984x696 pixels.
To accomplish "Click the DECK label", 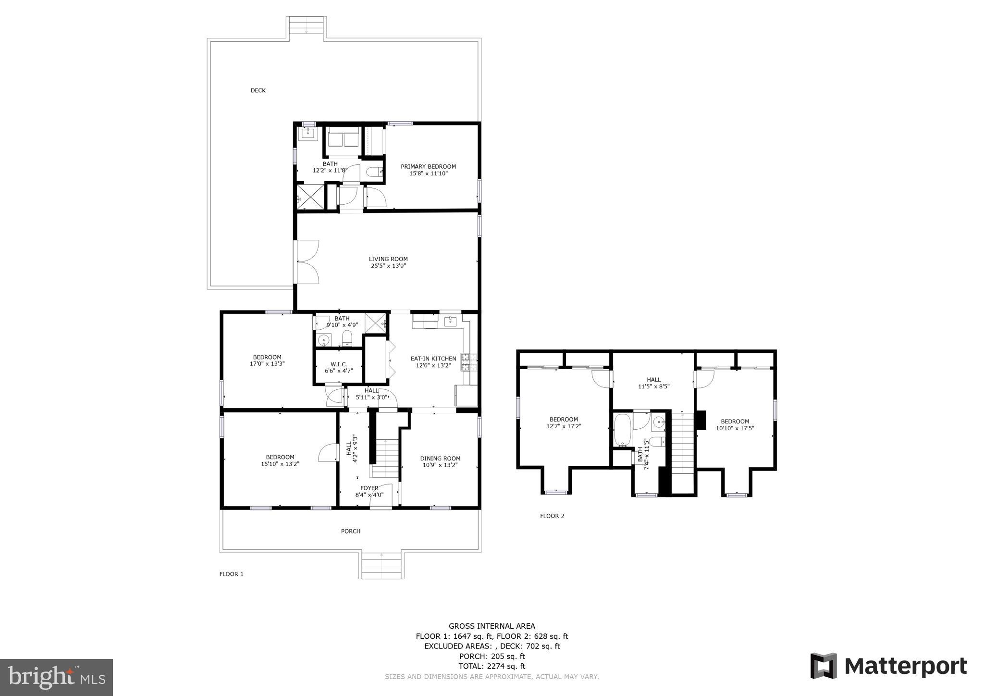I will point(258,90).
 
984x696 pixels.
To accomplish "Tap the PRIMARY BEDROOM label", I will point(428,166).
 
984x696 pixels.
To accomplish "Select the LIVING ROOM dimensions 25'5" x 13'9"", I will point(388,266).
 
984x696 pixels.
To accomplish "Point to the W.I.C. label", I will point(338,364).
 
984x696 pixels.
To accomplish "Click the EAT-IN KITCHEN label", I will point(433,358).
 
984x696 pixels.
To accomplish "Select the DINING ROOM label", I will point(440,458).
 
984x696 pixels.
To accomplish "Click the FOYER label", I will point(369,488).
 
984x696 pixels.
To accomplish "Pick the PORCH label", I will point(351,531).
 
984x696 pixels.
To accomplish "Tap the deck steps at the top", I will point(306,25).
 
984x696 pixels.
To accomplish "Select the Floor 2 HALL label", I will point(653,379).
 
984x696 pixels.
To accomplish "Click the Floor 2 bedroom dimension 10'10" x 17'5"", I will point(735,428).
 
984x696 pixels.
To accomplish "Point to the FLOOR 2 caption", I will point(552,516).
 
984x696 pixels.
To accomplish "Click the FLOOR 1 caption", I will point(231,574).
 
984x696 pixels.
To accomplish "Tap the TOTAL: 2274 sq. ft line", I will point(492,666).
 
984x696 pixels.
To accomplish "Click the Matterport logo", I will point(888,667).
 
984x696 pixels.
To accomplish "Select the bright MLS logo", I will point(56,678).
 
